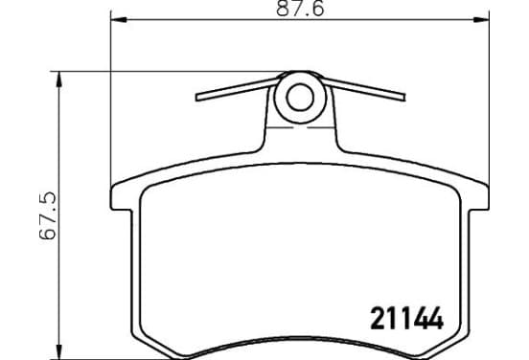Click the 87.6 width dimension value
tap(300, 9)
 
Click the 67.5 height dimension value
tap(47, 215)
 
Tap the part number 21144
tap(406, 318)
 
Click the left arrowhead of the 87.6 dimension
tap(119, 20)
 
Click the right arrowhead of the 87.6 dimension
tap(481, 20)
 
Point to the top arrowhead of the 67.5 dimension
tap(59, 79)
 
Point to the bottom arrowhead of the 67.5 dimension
tap(59, 351)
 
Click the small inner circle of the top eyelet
tap(300, 98)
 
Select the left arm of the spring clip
tap(236, 89)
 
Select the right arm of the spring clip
tap(364, 89)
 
